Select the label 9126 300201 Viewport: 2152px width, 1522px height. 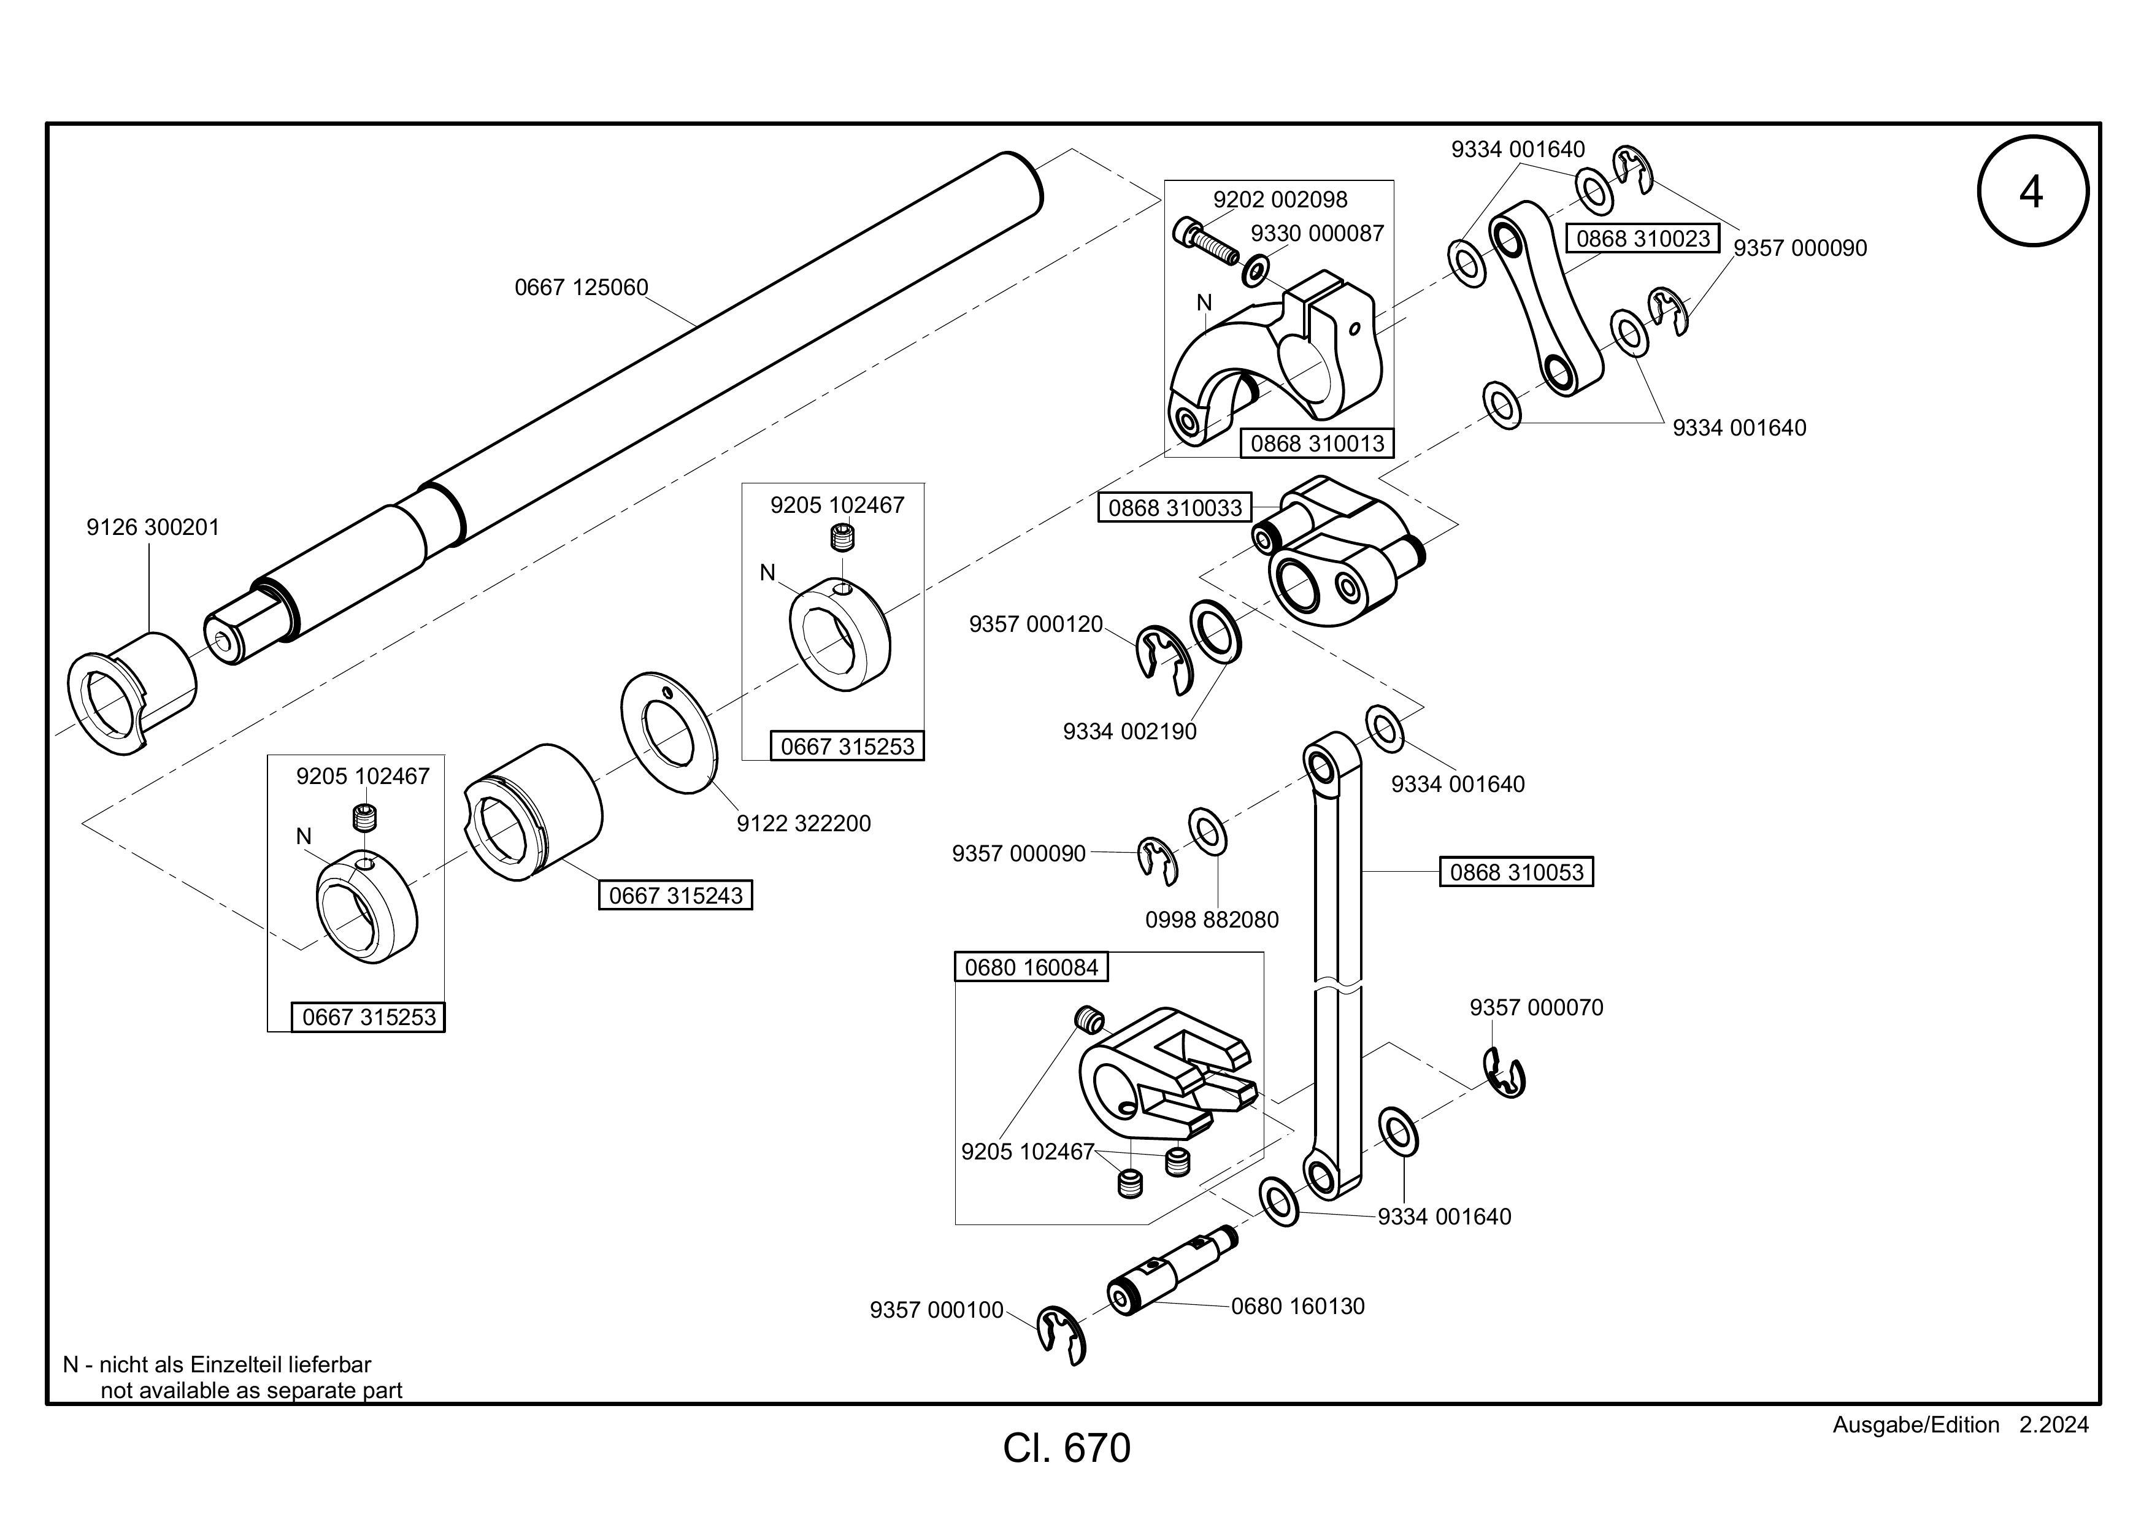point(153,528)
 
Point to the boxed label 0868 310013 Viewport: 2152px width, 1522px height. point(1317,444)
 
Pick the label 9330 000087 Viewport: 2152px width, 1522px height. point(1317,233)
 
